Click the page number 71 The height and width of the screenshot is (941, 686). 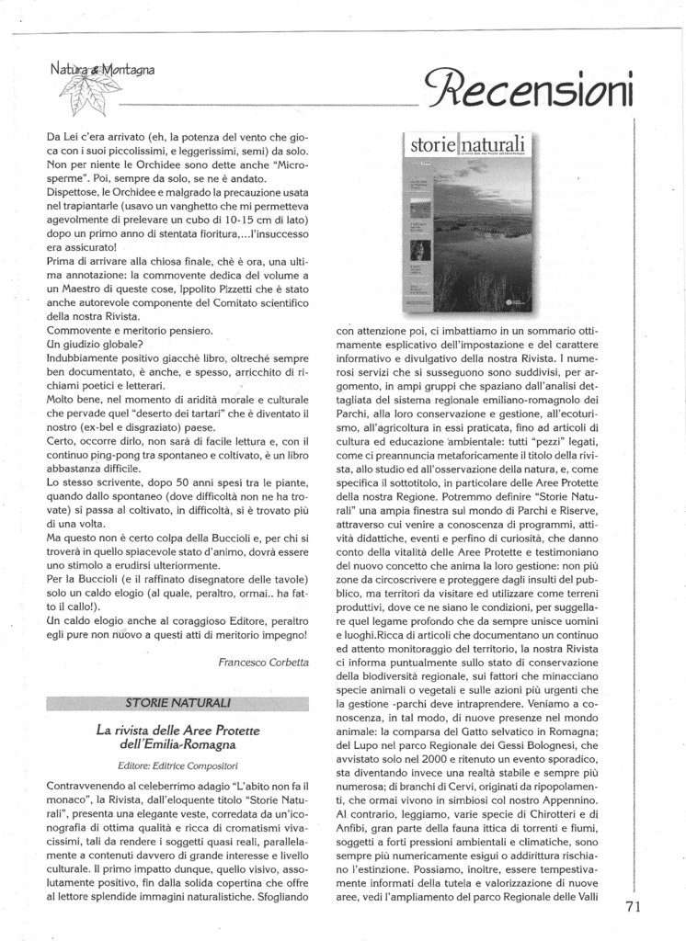(632, 905)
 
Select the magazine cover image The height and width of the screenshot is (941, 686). (472, 224)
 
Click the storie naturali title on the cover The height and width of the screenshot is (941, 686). (469, 144)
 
